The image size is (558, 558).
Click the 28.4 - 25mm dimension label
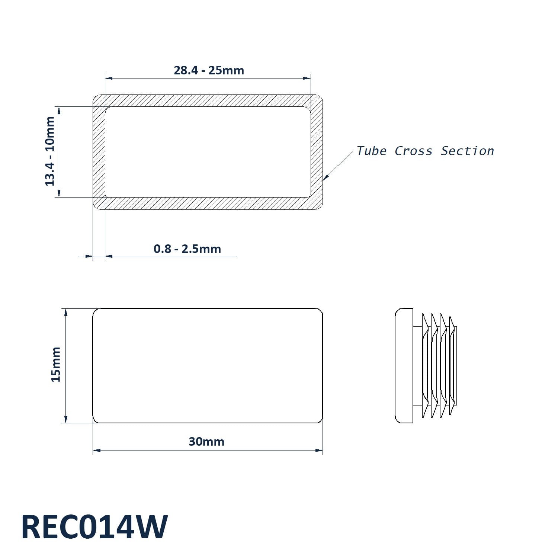[209, 70]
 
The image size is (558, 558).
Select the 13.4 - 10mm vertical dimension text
[50, 151]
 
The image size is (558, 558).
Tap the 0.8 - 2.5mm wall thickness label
[187, 249]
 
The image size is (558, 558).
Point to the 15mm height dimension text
[56, 364]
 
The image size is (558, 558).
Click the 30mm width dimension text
[206, 442]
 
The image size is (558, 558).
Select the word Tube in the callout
[372, 151]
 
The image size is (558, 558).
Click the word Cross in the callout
[413, 151]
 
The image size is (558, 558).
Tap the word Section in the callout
[467, 151]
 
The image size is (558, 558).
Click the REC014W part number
[94, 527]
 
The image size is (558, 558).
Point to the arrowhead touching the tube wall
[325, 177]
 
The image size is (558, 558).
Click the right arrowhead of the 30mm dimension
[319, 450]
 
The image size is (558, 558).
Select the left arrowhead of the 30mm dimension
[97, 450]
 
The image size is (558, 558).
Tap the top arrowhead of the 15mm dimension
[66, 312]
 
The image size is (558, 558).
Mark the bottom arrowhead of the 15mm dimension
[66, 419]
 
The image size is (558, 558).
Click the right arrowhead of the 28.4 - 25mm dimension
[307, 78]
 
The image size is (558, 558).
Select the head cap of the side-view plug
[404, 366]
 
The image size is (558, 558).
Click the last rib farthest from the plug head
[452, 366]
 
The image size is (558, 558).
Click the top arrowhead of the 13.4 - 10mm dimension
[59, 110]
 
